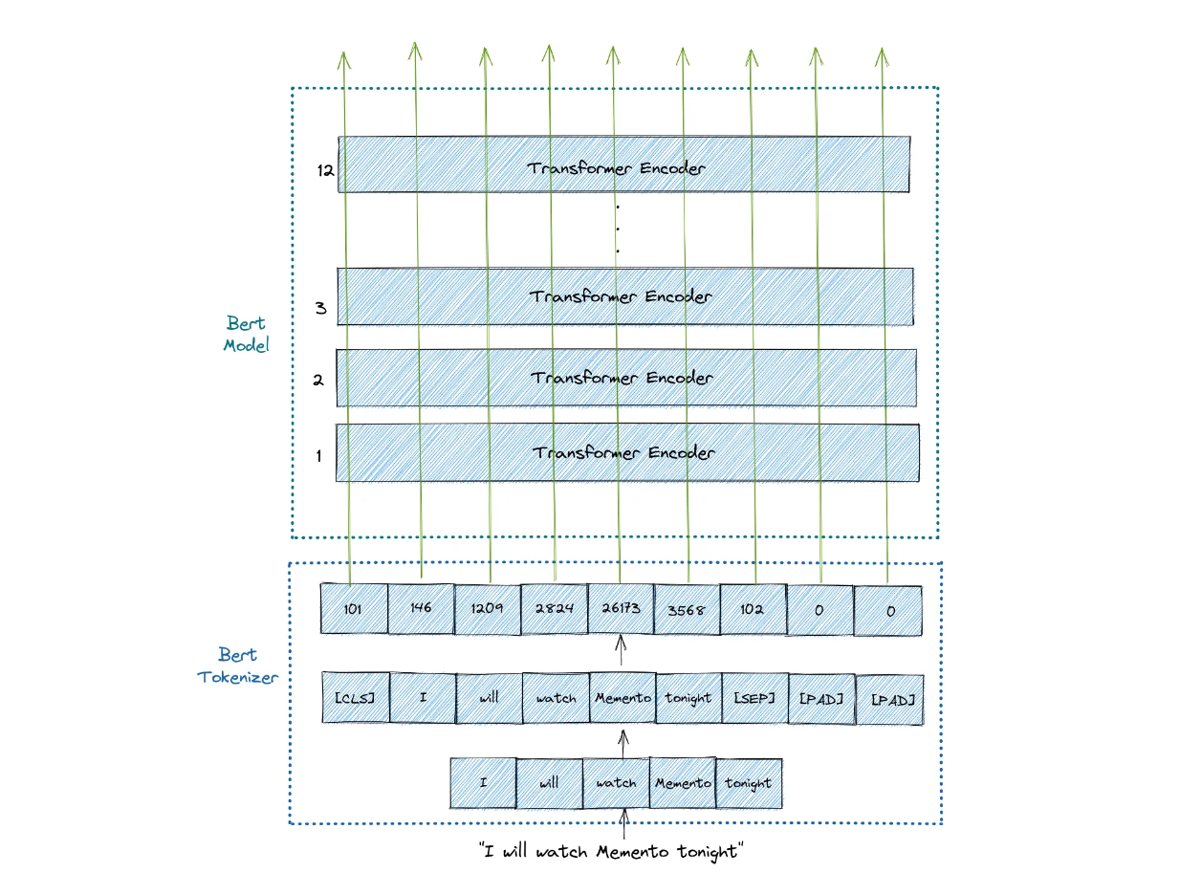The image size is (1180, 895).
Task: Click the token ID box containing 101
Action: [354, 609]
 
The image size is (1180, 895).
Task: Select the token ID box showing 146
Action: [421, 609]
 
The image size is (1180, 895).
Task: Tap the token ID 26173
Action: [621, 609]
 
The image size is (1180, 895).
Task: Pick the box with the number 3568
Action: [687, 609]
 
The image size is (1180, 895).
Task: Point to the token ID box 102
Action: [753, 609]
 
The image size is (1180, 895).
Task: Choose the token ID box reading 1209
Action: [488, 609]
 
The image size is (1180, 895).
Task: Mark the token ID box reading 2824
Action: [555, 609]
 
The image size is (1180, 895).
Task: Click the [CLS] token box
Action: [356, 698]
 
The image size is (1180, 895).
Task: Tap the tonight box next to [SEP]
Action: [688, 698]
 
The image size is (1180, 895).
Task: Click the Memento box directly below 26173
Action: [623, 698]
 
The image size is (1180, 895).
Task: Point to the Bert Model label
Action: [246, 334]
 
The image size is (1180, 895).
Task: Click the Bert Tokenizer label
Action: [237, 666]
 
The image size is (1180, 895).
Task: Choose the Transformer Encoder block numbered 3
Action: [624, 296]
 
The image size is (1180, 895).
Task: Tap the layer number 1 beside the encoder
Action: [318, 456]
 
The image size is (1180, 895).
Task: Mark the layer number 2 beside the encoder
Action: [318, 380]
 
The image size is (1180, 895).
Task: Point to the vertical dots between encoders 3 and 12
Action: [618, 229]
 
